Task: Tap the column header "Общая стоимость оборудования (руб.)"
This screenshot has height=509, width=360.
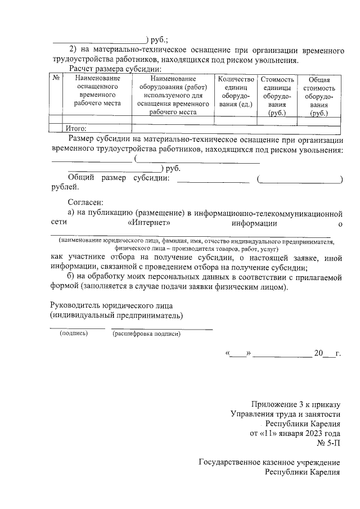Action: click(x=319, y=96)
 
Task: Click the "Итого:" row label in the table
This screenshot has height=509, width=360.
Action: click(x=76, y=128)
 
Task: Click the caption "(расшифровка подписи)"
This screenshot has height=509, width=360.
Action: click(x=146, y=334)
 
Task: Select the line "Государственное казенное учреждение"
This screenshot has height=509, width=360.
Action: click(x=270, y=462)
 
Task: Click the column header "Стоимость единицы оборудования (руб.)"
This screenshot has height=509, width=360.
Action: click(x=277, y=96)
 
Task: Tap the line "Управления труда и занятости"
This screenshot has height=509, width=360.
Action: click(x=286, y=414)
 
